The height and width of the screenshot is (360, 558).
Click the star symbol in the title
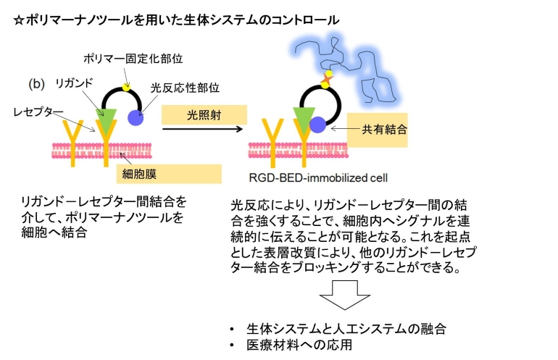(20, 20)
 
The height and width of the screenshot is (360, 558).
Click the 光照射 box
(204, 114)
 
